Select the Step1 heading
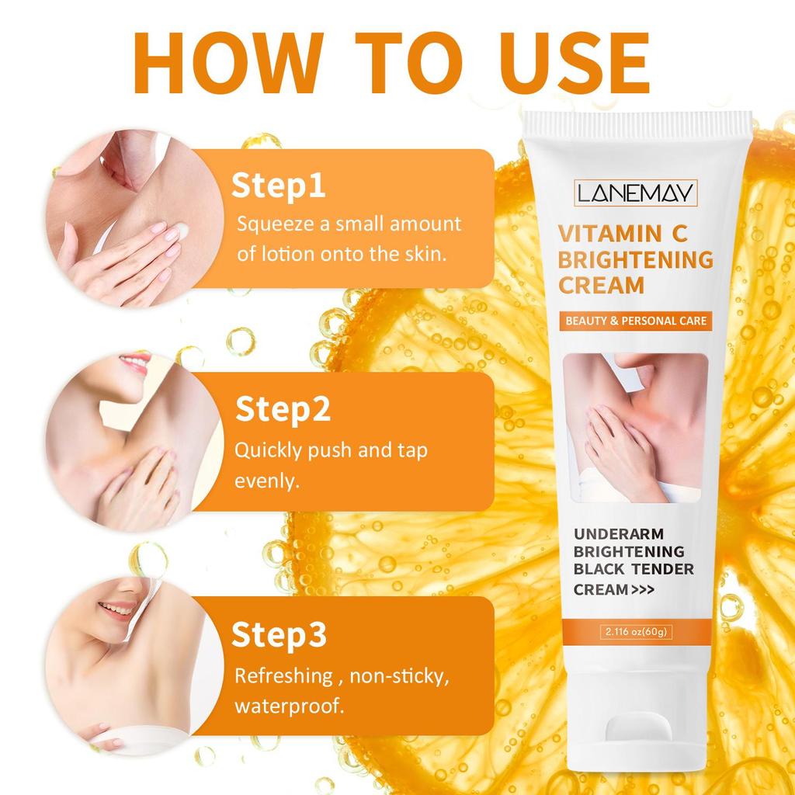[x=279, y=187]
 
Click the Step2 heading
[x=283, y=410]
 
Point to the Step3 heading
[x=279, y=635]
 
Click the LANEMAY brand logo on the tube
[x=635, y=193]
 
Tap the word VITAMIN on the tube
[x=610, y=234]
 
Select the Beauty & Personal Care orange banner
[x=636, y=321]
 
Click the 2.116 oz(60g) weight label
[x=636, y=632]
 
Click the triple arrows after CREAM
[x=643, y=590]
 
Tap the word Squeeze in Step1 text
[x=276, y=224]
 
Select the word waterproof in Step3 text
[x=289, y=706]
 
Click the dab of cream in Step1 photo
[x=181, y=231]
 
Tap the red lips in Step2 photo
[x=136, y=363]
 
